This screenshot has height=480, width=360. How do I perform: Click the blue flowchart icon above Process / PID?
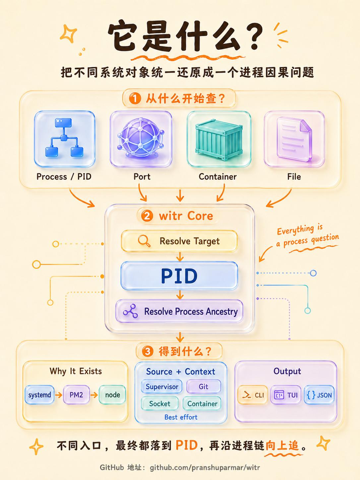tap(64, 138)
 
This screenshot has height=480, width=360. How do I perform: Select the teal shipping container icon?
tap(219, 140)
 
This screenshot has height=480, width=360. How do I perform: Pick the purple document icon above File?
tap(294, 139)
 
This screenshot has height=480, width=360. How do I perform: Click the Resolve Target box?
tap(179, 241)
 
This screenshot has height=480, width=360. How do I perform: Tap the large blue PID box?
tap(179, 276)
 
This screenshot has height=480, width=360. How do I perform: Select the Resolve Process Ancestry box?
tap(179, 311)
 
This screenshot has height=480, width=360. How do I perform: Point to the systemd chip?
tap(39, 395)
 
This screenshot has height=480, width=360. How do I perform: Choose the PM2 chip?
tap(76, 395)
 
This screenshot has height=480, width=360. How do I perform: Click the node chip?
tap(112, 395)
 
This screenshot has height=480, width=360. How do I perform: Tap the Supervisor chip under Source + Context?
tap(162, 387)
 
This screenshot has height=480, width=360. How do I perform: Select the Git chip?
tap(204, 387)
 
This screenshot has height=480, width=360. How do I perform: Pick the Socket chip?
tap(160, 403)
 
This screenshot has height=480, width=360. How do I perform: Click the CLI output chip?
tap(253, 395)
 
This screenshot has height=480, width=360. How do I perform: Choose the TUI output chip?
tap(286, 395)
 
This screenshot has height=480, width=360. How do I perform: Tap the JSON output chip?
tap(319, 395)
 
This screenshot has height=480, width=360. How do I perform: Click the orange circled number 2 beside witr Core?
tap(147, 216)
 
